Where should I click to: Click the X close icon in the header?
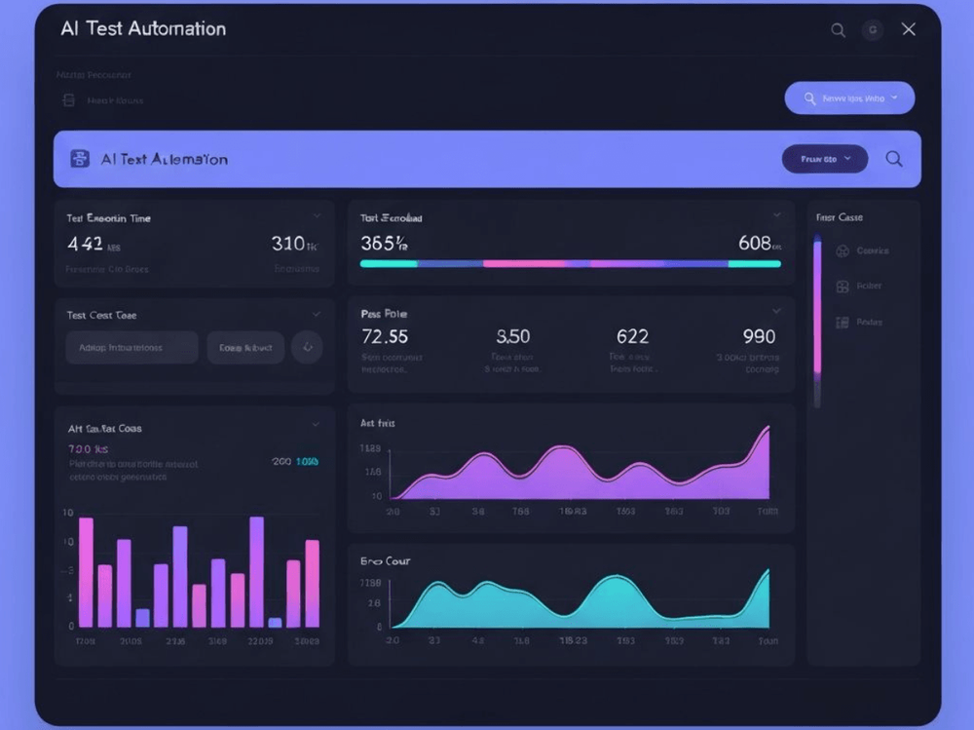(908, 29)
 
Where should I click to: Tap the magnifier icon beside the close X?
(838, 30)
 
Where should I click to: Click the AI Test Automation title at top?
(143, 28)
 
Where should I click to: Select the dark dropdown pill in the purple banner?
(825, 159)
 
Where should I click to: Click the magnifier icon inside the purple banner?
(893, 159)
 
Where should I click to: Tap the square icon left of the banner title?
(80, 159)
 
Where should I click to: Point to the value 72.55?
(385, 336)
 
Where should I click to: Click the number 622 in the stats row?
(632, 336)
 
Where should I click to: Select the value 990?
(759, 336)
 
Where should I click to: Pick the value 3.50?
(512, 336)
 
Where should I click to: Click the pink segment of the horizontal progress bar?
(525, 263)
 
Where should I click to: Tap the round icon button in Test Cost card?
(307, 347)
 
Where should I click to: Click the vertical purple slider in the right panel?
(817, 312)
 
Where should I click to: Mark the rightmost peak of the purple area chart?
(768, 429)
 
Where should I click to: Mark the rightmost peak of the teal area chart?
(768, 572)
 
